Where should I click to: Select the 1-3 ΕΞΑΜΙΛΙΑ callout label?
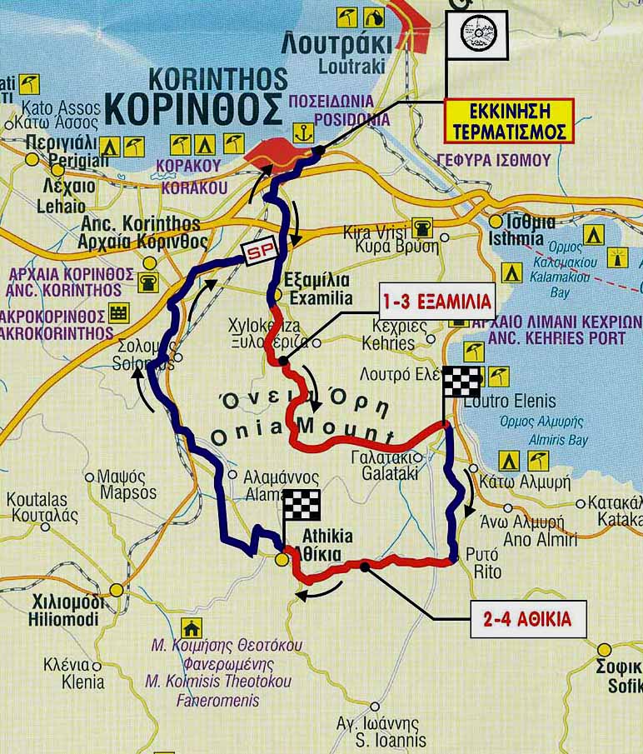(x=436, y=300)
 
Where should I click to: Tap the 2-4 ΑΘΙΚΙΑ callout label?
(x=528, y=620)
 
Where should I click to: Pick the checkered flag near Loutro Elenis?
(x=461, y=382)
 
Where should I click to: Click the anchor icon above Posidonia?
(x=303, y=132)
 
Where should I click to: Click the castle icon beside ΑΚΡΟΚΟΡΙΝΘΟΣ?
(x=119, y=313)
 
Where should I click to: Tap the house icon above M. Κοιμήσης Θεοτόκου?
(x=191, y=627)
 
